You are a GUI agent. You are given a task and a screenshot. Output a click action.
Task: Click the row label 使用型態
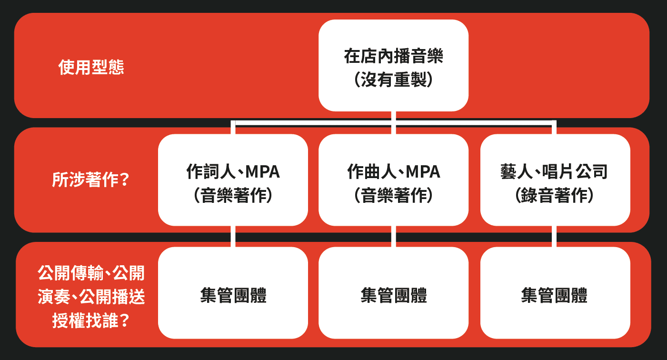tap(91, 67)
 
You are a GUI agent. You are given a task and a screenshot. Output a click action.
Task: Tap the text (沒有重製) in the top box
tap(393, 80)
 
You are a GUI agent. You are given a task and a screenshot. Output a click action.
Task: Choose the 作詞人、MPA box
tap(233, 180)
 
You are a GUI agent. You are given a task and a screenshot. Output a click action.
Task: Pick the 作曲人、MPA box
tap(393, 180)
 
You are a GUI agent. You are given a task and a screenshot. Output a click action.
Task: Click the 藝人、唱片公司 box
tap(555, 180)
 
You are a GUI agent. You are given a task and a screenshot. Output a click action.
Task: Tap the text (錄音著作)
tap(555, 195)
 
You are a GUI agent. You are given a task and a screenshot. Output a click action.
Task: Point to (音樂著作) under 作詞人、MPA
tap(233, 195)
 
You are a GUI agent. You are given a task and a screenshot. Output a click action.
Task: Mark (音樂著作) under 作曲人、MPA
tap(393, 195)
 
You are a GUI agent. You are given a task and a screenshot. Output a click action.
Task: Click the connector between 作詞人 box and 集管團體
tap(233, 236)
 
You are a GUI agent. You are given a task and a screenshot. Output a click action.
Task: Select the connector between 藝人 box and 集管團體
tap(555, 236)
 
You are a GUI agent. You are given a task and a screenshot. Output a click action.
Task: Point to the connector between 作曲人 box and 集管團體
tap(393, 236)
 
